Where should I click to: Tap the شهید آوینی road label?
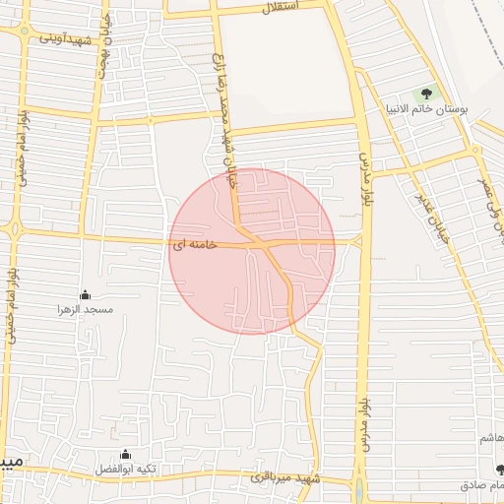coord(67,38)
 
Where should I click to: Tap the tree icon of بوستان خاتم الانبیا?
coord(426,94)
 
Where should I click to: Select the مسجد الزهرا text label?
coord(86,309)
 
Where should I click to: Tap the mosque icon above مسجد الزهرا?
coord(85,294)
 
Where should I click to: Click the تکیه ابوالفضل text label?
coord(125,469)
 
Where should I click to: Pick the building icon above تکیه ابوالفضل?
coord(125,454)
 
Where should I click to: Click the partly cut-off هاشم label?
coord(492,437)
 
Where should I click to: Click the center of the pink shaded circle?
coord(252,251)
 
